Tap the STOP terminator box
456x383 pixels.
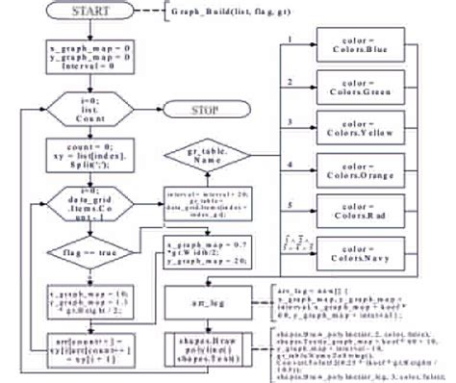[205, 110]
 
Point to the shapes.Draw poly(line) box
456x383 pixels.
[205, 345]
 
